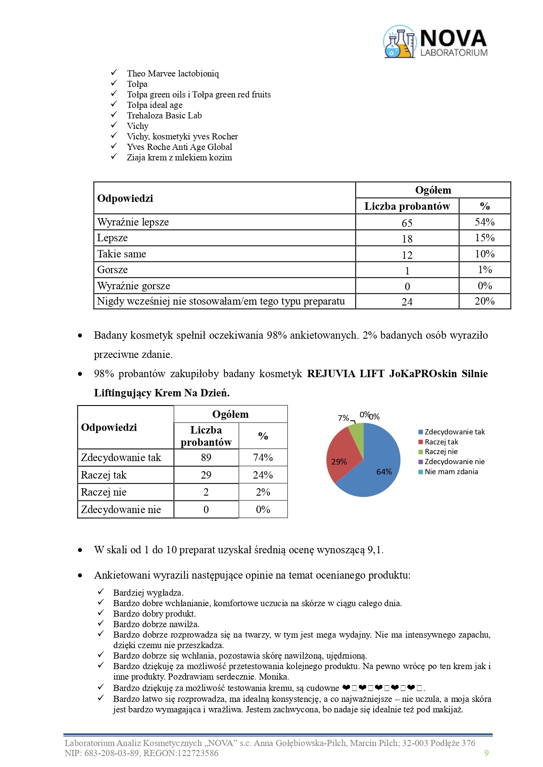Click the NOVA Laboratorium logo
435,42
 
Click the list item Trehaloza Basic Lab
164,115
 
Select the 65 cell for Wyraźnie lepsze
407,223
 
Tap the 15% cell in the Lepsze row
484,238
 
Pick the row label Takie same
122,254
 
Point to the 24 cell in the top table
407,302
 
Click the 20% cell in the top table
484,301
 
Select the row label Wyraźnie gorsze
133,286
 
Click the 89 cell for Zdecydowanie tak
206,458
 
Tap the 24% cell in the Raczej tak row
263,475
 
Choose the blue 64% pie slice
378,468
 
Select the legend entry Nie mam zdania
451,472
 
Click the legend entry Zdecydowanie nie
454,462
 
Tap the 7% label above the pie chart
343,418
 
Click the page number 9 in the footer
487,753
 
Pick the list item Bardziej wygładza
148,593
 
